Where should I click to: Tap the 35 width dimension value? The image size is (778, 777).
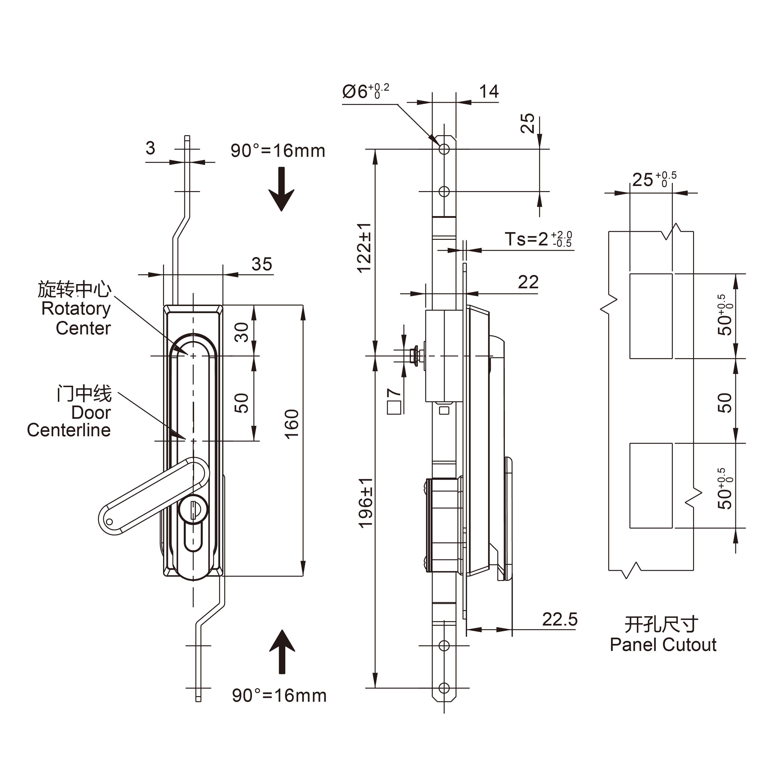(262, 264)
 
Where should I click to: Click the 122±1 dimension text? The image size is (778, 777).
(364, 248)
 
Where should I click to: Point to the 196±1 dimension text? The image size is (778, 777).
(366, 503)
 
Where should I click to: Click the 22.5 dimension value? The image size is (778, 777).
(559, 619)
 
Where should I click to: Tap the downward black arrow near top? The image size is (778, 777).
(282, 189)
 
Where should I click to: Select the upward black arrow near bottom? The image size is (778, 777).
(282, 652)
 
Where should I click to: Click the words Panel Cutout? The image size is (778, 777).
(663, 645)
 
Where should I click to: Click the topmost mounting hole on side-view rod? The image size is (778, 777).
(444, 149)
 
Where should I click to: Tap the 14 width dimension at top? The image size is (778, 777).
(489, 92)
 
